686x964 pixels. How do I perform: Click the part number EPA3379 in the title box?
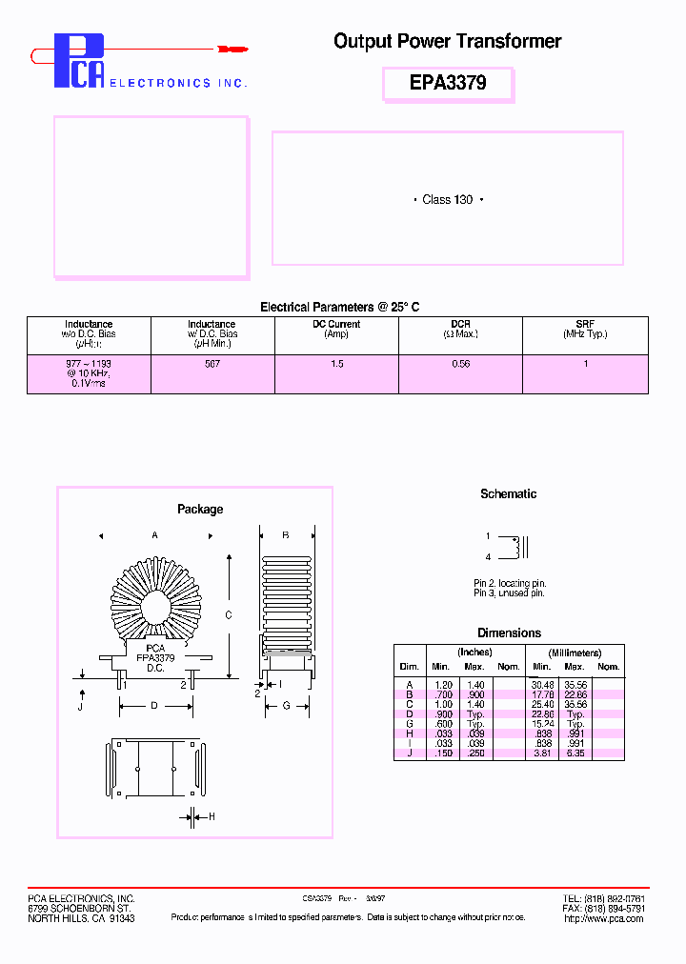448,83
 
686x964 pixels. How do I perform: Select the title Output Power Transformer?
447,41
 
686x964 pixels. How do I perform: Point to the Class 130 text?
448,200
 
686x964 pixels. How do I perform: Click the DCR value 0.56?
460,364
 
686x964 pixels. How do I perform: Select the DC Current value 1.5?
336,364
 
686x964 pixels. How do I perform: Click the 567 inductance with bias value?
212,364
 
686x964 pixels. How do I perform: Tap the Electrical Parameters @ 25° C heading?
340,307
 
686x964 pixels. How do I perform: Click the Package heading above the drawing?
200,510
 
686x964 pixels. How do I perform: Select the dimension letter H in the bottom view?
212,816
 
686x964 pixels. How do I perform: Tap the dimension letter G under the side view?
285,706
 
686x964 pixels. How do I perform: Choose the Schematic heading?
508,493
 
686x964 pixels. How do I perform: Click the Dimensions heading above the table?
509,633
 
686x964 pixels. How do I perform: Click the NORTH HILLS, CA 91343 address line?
81,918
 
